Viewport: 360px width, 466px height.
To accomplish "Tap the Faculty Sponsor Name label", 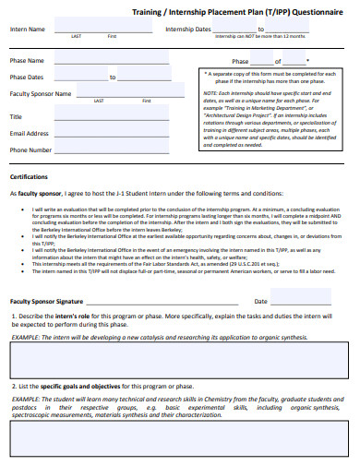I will point(40,93).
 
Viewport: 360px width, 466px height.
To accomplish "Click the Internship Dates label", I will point(188,30).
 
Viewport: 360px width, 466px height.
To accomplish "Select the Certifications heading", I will point(30,175).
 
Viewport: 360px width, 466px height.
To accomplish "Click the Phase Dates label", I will point(27,78).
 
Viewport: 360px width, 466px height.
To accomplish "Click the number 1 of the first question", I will point(12,316).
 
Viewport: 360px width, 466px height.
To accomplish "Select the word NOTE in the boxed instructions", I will point(211,93).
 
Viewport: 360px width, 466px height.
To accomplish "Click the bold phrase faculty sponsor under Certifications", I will point(36,194).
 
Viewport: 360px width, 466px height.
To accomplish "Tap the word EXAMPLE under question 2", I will point(25,398).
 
